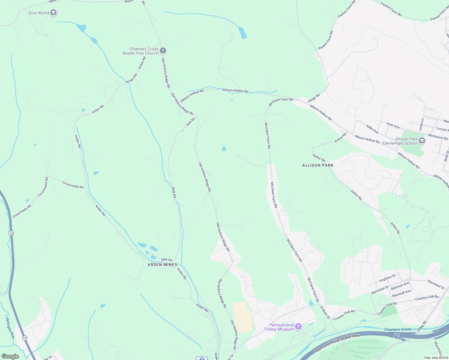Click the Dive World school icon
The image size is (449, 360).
(53, 13)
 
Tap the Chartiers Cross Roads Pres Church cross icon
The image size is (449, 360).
(163, 51)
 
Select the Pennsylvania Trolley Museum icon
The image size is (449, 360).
(298, 327)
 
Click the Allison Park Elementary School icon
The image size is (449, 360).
(422, 141)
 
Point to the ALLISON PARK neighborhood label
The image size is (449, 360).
(318, 165)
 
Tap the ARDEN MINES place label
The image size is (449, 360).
(162, 265)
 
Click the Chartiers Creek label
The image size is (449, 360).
(398, 329)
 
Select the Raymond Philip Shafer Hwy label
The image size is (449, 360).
(337, 343)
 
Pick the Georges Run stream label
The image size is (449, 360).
(10, 328)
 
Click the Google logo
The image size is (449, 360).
(10, 356)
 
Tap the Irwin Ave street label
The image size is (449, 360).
(393, 126)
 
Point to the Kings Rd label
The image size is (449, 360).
(314, 98)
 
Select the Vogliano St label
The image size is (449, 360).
(387, 278)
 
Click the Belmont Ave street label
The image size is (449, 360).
(400, 286)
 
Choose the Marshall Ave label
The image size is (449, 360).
(402, 293)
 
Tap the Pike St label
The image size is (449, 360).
(422, 326)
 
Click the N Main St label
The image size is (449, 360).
(325, 312)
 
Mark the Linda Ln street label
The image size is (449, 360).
(422, 124)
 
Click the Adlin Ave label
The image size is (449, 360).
(372, 129)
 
